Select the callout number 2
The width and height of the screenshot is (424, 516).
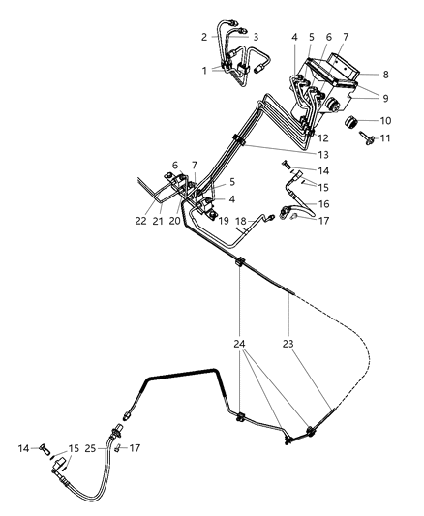(x=204, y=37)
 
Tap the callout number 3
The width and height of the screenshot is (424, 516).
(x=257, y=37)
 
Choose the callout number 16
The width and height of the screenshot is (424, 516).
(x=325, y=204)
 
